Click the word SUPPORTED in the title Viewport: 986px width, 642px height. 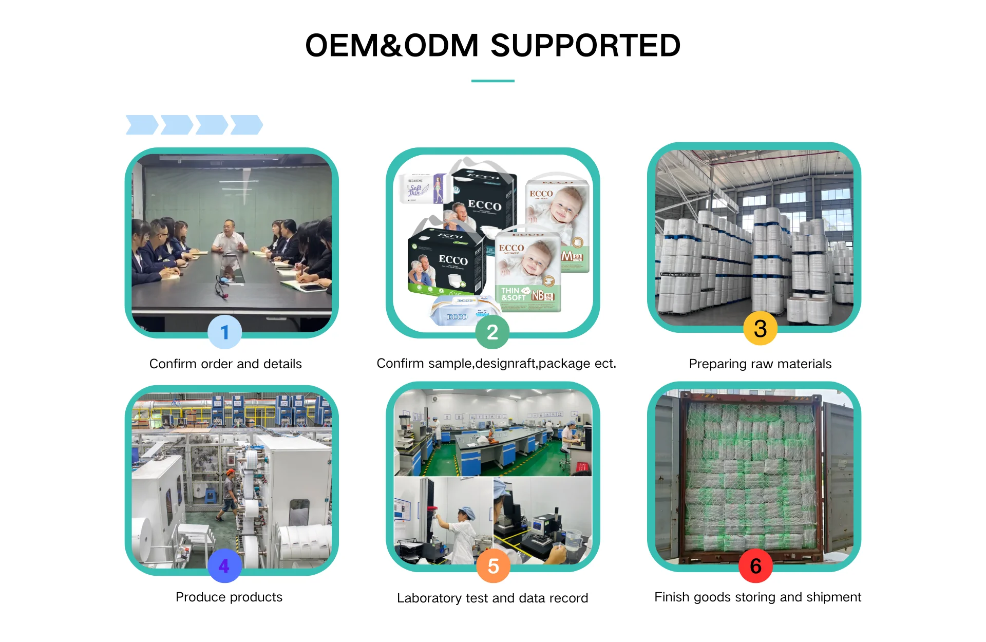tap(585, 46)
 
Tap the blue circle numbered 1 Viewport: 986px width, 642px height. tap(224, 332)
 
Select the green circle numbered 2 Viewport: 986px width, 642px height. tap(492, 332)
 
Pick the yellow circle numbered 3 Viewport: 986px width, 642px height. tap(760, 329)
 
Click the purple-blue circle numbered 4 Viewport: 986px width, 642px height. tap(224, 565)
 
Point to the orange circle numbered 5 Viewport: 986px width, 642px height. tap(493, 566)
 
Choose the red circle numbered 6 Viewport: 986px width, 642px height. tap(755, 566)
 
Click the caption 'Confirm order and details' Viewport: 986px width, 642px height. tap(225, 364)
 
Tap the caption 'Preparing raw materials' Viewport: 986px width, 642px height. tap(760, 364)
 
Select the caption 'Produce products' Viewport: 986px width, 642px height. tap(229, 597)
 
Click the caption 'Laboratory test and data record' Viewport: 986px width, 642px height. tap(492, 598)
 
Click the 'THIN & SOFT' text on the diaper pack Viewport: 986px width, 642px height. tap(514, 294)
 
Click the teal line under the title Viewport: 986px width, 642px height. tap(492, 81)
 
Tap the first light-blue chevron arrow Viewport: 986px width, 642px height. tap(142, 125)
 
